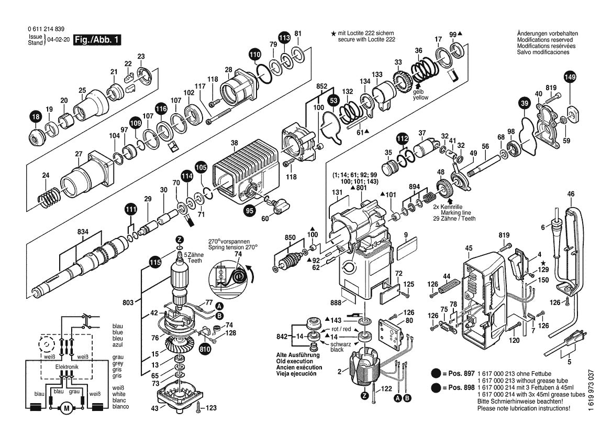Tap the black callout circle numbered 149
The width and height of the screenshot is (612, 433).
[x=570, y=78]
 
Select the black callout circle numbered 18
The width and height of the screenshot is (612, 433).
[x=36, y=118]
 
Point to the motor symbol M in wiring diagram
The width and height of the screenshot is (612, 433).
[x=66, y=408]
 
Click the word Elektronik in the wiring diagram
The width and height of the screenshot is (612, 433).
[x=66, y=367]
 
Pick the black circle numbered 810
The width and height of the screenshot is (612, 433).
[x=205, y=349]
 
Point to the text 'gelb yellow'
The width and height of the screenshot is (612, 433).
[x=420, y=94]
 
